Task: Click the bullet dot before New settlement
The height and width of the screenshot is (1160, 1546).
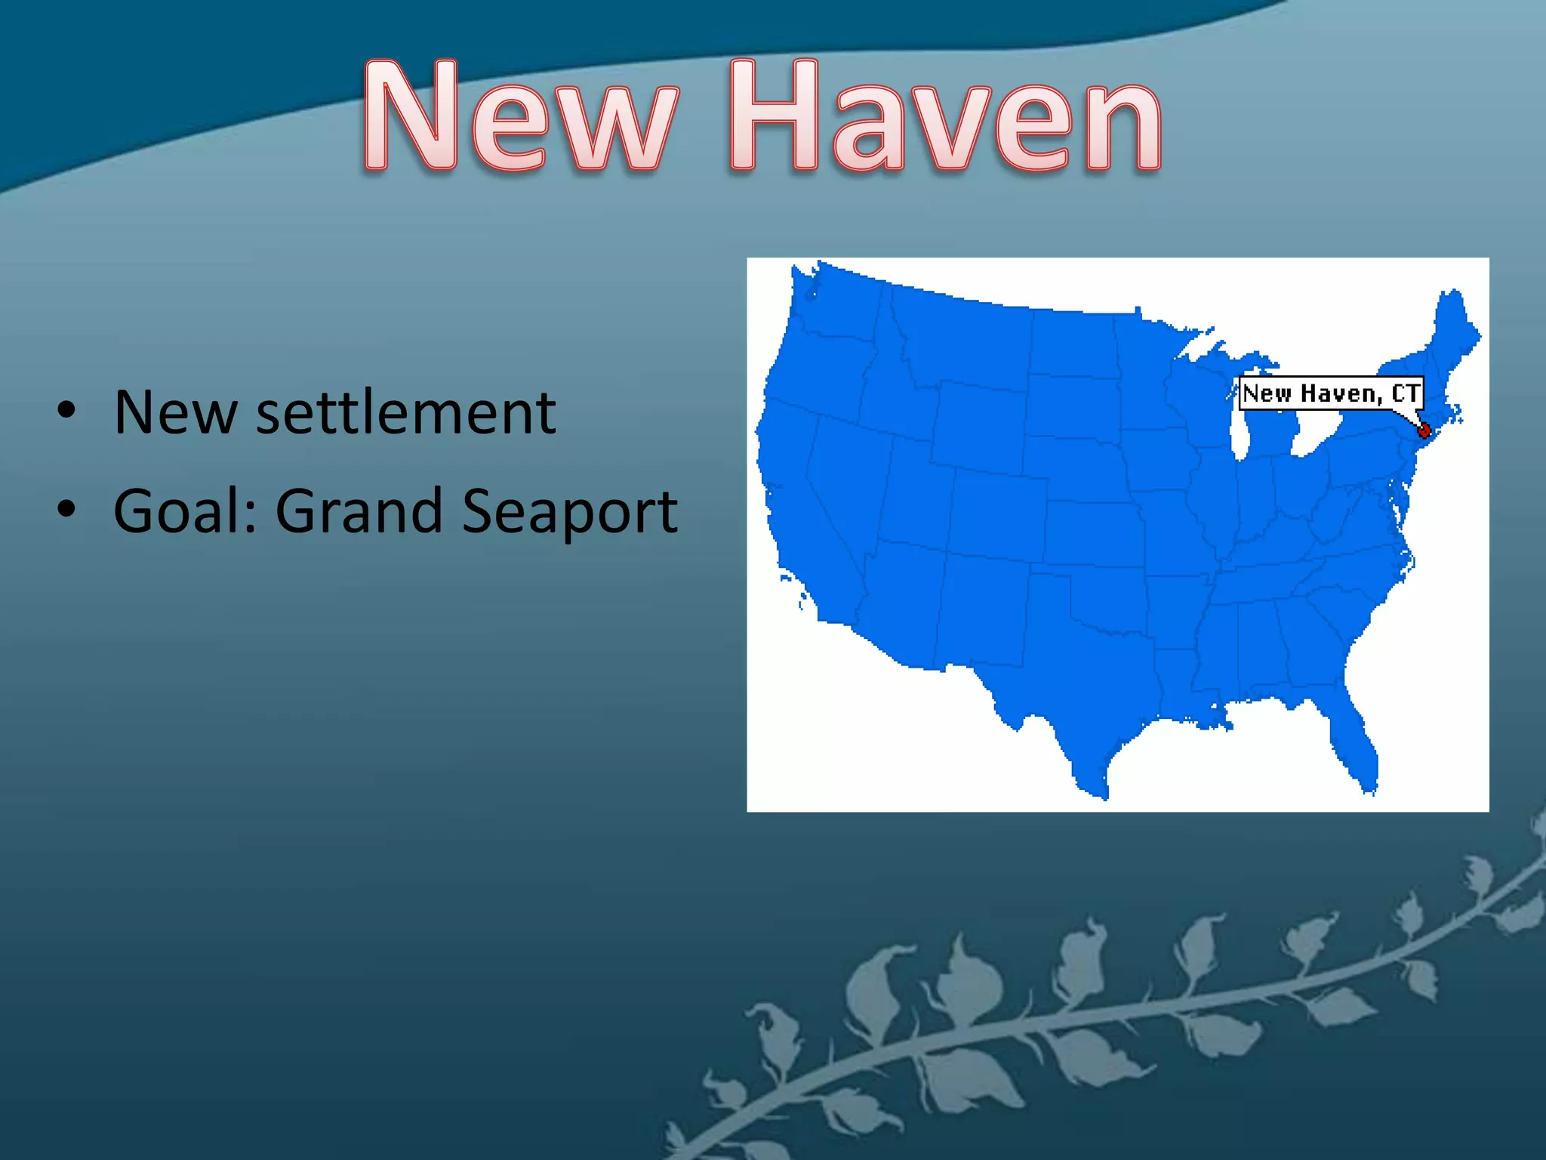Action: coord(66,411)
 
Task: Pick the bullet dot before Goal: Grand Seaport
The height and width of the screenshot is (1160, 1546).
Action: coord(66,509)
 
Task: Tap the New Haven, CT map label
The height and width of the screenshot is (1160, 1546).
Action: coord(1331,393)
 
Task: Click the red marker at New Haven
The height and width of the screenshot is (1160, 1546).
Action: coord(1424,430)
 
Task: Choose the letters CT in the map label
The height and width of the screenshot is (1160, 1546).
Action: coord(1406,393)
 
